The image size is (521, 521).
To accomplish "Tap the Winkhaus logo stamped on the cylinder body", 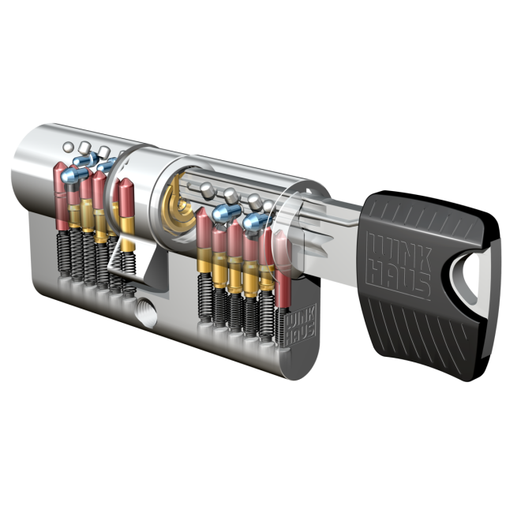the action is pyautogui.click(x=301, y=325).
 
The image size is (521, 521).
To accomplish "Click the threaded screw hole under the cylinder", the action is pyautogui.click(x=147, y=313).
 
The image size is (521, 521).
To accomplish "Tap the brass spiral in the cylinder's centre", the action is pyautogui.click(x=177, y=208).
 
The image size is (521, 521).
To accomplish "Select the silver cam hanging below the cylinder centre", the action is pyautogui.click(x=140, y=263).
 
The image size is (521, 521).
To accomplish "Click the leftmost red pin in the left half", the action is pyautogui.click(x=61, y=196).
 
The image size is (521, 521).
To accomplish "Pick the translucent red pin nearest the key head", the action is pyautogui.click(x=283, y=268).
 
